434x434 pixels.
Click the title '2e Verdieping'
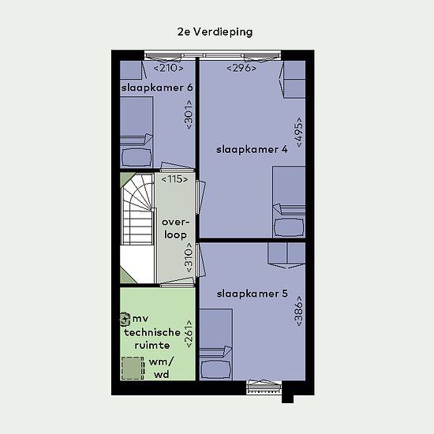click(215, 32)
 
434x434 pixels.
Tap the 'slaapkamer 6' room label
click(157, 88)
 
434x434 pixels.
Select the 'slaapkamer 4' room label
click(252, 150)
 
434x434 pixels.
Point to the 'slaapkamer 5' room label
click(253, 294)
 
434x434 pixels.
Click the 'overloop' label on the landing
click(175, 229)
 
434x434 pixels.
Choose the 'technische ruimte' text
click(152, 339)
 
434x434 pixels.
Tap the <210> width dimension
click(168, 68)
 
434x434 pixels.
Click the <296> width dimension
click(241, 68)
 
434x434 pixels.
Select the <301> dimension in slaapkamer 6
click(189, 114)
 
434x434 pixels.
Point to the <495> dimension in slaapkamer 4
click(299, 132)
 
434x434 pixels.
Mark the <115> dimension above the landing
click(174, 179)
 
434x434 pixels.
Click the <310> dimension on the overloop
click(189, 258)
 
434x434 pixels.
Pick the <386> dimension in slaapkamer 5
click(299, 311)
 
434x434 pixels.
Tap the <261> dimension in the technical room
click(189, 334)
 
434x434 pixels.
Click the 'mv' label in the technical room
click(140, 319)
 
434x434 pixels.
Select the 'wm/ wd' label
click(161, 369)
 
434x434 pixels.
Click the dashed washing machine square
click(133, 369)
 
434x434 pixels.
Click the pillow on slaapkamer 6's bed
click(137, 158)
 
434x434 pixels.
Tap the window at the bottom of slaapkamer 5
click(264, 387)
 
